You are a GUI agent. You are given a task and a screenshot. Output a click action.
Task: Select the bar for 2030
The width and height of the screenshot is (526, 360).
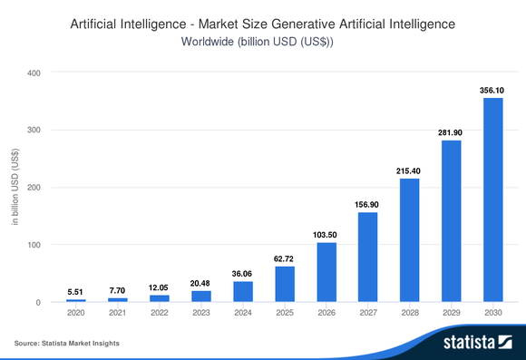[x=492, y=199]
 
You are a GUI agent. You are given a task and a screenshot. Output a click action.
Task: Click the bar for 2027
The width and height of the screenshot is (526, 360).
[x=367, y=257]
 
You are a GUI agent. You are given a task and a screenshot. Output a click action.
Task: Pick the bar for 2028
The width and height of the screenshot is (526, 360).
[x=409, y=239]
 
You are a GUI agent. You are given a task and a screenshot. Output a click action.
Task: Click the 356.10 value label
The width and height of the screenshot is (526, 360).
[x=492, y=90]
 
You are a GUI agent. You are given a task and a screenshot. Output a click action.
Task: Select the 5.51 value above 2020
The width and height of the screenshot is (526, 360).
[x=75, y=292]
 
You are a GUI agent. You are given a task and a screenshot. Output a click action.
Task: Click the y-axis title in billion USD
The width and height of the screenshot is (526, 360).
[x=14, y=187]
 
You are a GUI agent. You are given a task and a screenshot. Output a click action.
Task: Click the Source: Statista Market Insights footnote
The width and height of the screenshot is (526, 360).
[x=66, y=344]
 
